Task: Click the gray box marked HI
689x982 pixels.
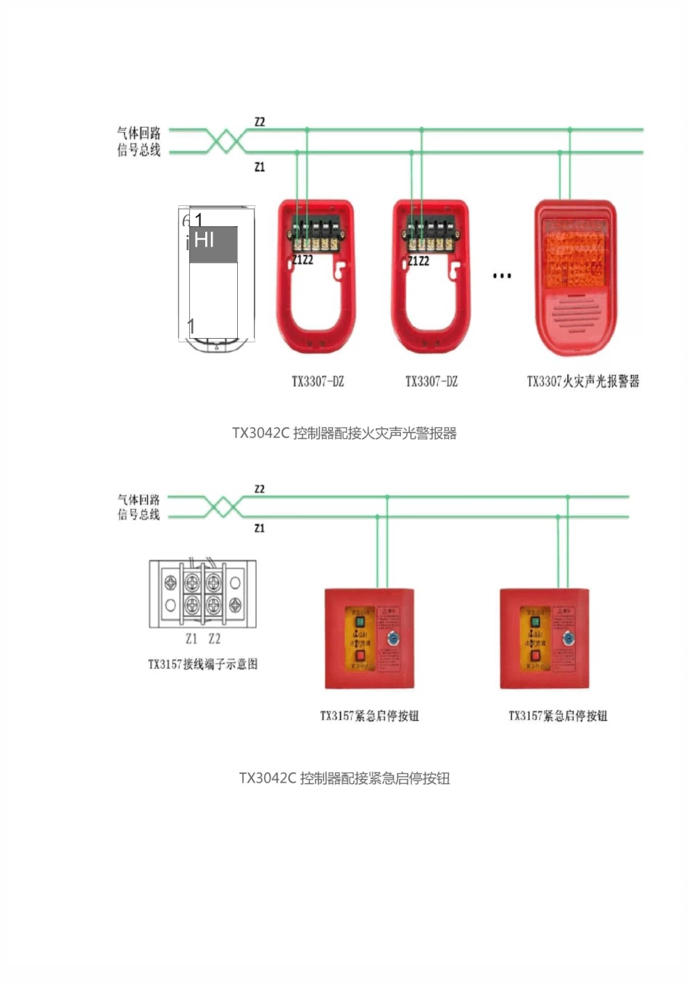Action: [213, 244]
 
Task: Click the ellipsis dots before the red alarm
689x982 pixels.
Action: [502, 276]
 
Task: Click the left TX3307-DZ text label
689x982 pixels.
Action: [318, 381]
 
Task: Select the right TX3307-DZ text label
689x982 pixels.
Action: [432, 381]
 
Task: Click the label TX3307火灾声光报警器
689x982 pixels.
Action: [583, 381]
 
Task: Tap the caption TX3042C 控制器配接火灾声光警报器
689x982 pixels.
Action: [344, 434]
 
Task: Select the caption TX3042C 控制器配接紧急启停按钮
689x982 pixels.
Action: [344, 778]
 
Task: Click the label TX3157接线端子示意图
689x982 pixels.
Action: [203, 664]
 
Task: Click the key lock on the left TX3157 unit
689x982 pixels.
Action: [392, 639]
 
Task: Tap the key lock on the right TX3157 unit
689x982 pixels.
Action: [568, 639]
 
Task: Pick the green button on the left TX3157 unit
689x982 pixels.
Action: [360, 622]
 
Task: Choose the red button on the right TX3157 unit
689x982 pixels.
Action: [535, 656]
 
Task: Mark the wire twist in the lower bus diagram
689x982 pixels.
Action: [223, 507]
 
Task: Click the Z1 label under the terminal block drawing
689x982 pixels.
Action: [191, 639]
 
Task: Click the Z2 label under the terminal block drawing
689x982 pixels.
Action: [214, 639]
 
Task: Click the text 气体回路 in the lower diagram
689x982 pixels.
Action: [139, 500]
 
